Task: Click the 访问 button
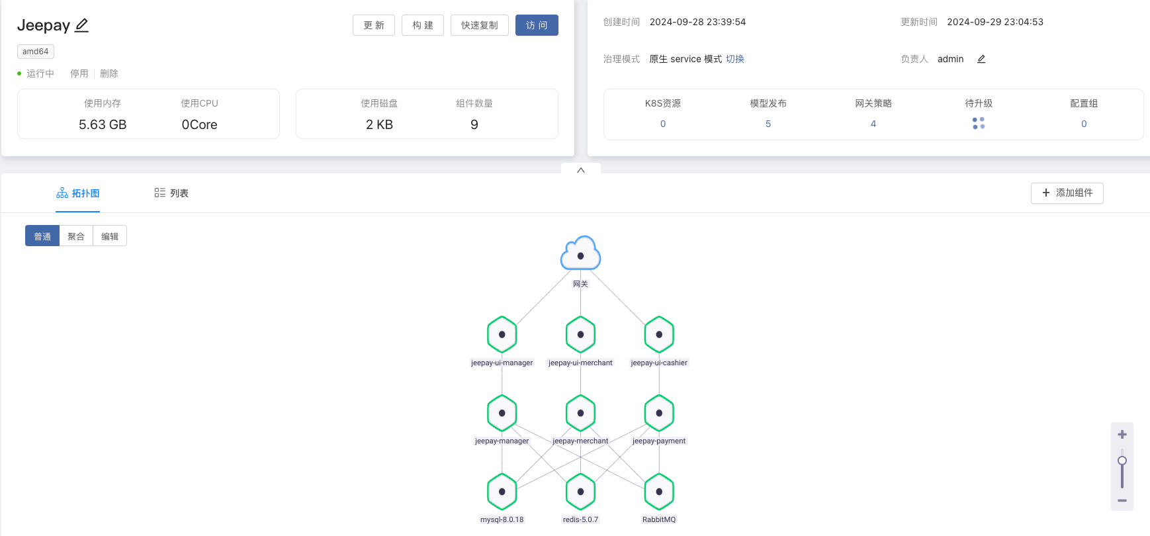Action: (537, 25)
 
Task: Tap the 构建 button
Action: (422, 25)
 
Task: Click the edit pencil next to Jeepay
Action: (81, 25)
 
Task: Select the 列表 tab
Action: (171, 193)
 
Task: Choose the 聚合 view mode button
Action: (76, 236)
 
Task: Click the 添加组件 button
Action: (1067, 193)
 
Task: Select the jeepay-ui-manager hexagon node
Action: (502, 335)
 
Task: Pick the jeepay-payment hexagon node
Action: (659, 413)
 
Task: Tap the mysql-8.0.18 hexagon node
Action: (502, 492)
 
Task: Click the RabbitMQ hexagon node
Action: (659, 492)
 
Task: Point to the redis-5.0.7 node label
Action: (580, 519)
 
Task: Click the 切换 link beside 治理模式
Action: (734, 59)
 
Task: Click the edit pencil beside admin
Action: (981, 59)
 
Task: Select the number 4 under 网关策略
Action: (873, 124)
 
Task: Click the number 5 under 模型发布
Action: (768, 124)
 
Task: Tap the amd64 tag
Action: (36, 52)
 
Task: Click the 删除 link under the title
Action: (109, 73)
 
